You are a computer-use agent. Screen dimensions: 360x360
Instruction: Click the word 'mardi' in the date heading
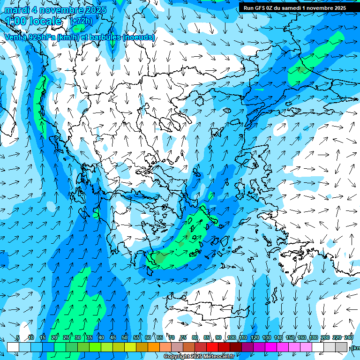pyautogui.click(x=17, y=10)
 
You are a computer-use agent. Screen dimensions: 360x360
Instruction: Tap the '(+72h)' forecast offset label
pyautogui.click(x=81, y=21)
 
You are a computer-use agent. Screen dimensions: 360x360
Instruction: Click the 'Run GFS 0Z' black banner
pyautogui.click(x=295, y=8)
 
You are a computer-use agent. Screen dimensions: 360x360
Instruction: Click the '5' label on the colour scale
pyautogui.click(x=18, y=337)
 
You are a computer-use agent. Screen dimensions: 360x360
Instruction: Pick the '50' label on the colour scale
pyautogui.click(x=124, y=337)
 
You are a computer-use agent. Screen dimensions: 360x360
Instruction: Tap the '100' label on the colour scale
pyautogui.click(x=231, y=337)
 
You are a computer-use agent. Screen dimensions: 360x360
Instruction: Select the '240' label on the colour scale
pyautogui.click(x=349, y=337)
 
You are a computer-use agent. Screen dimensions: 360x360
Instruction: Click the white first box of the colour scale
pyautogui.click(x=13, y=346)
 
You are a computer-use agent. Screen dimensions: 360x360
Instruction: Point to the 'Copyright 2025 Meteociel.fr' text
pyautogui.click(x=199, y=357)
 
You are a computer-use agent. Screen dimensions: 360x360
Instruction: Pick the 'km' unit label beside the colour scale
pyautogui.click(x=356, y=348)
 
